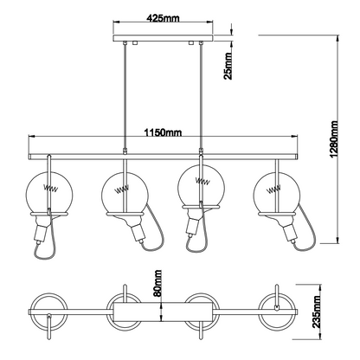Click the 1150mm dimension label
coord(162,132)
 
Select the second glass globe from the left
coord(122,192)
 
